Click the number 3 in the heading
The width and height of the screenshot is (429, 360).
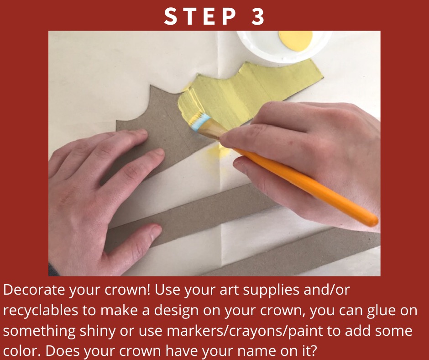257,17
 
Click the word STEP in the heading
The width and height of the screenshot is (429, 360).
200,17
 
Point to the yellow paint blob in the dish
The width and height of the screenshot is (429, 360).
295,41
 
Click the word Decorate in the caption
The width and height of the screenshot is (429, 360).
34,290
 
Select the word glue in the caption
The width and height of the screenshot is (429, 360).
382,311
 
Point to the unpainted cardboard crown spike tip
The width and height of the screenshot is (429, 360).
151,85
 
